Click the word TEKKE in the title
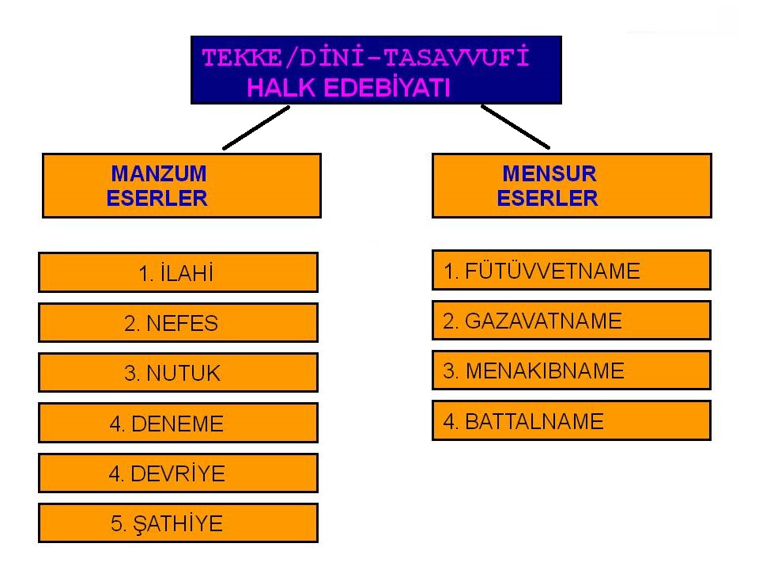[242, 58]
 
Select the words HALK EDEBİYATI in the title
[349, 88]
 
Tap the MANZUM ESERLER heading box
[182, 185]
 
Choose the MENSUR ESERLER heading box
[572, 185]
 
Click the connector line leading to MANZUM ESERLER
[256, 128]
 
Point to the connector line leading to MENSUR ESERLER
[515, 127]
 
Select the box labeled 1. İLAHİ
[178, 272]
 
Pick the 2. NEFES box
[178, 323]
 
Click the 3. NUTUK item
[178, 373]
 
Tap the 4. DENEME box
[178, 423]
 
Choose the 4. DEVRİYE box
[178, 473]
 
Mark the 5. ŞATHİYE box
[178, 523]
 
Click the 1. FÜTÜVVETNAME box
[571, 270]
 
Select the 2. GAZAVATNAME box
[571, 321]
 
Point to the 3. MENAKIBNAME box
[571, 370]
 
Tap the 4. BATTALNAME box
[571, 420]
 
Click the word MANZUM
[159, 173]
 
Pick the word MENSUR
[549, 173]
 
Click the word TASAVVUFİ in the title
[456, 58]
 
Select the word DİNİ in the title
[331, 58]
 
